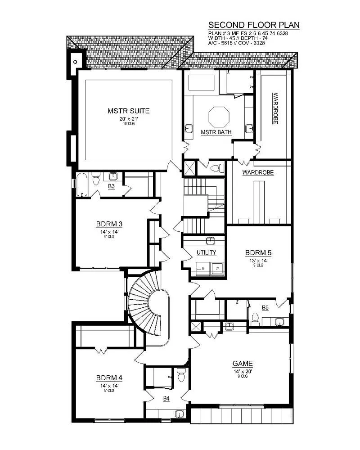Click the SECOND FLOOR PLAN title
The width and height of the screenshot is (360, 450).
(x=254, y=25)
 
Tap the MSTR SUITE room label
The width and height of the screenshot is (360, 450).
(x=128, y=111)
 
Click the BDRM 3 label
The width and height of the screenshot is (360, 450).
(x=109, y=224)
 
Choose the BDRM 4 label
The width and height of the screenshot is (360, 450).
(x=109, y=378)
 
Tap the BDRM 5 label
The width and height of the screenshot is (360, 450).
(x=258, y=252)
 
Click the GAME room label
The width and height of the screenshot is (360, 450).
(x=242, y=364)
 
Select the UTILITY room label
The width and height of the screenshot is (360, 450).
(x=206, y=252)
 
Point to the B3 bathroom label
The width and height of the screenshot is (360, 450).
(x=111, y=185)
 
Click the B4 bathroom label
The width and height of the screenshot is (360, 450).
(x=166, y=399)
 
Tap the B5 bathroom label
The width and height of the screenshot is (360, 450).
(x=265, y=308)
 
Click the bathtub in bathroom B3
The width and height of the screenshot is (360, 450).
(x=81, y=184)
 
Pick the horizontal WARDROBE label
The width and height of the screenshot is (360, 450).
(x=258, y=172)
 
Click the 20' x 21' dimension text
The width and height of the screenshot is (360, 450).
(x=128, y=119)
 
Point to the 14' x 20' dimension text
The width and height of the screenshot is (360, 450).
(x=242, y=371)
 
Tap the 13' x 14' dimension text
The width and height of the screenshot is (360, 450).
(x=258, y=260)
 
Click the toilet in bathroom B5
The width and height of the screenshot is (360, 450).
(x=255, y=319)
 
